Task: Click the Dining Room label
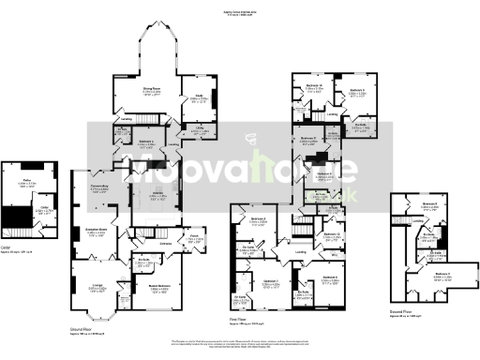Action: (x=151, y=88)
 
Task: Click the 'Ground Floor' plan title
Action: (x=84, y=330)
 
